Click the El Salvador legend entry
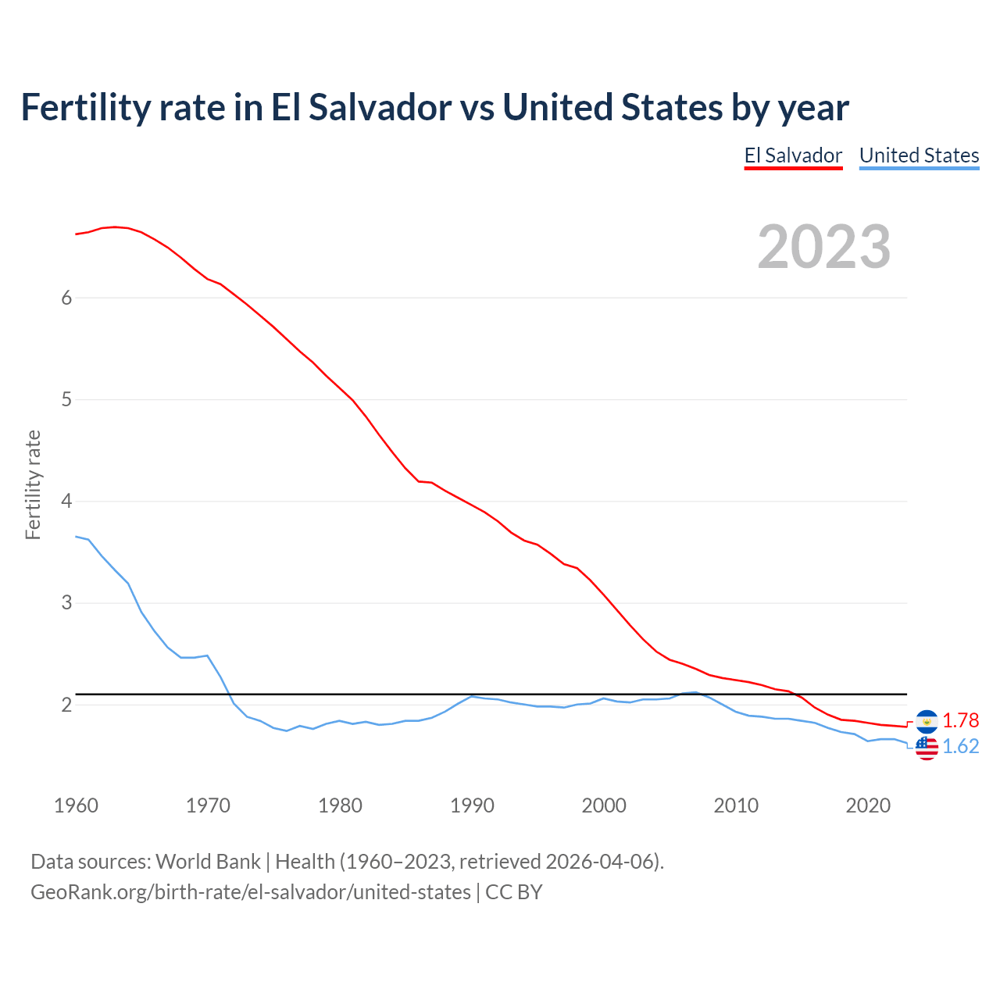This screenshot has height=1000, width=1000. (x=793, y=155)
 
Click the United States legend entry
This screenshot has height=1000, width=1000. (x=919, y=155)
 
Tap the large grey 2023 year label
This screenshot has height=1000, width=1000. (x=823, y=247)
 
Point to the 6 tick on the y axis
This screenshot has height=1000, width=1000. (x=66, y=298)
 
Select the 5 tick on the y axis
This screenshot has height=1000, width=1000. (x=66, y=400)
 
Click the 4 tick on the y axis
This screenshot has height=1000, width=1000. (x=66, y=502)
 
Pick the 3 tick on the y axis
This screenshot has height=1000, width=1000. (x=66, y=603)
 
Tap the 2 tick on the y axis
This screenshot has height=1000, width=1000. (x=66, y=705)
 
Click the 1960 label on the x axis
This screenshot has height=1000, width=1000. (x=76, y=805)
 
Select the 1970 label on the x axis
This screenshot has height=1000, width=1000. (x=208, y=805)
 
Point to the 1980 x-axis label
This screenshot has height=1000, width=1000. (x=340, y=805)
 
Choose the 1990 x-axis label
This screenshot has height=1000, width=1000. (x=472, y=805)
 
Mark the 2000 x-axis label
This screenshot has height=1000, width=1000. (x=604, y=805)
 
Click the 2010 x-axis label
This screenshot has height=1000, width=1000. (x=736, y=805)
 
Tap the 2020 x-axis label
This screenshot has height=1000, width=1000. (x=868, y=805)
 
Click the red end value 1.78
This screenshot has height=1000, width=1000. (x=960, y=720)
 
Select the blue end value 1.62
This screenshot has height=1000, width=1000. (x=960, y=747)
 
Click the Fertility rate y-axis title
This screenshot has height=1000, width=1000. (x=33, y=484)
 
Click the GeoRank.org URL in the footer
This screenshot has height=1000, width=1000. (x=251, y=892)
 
